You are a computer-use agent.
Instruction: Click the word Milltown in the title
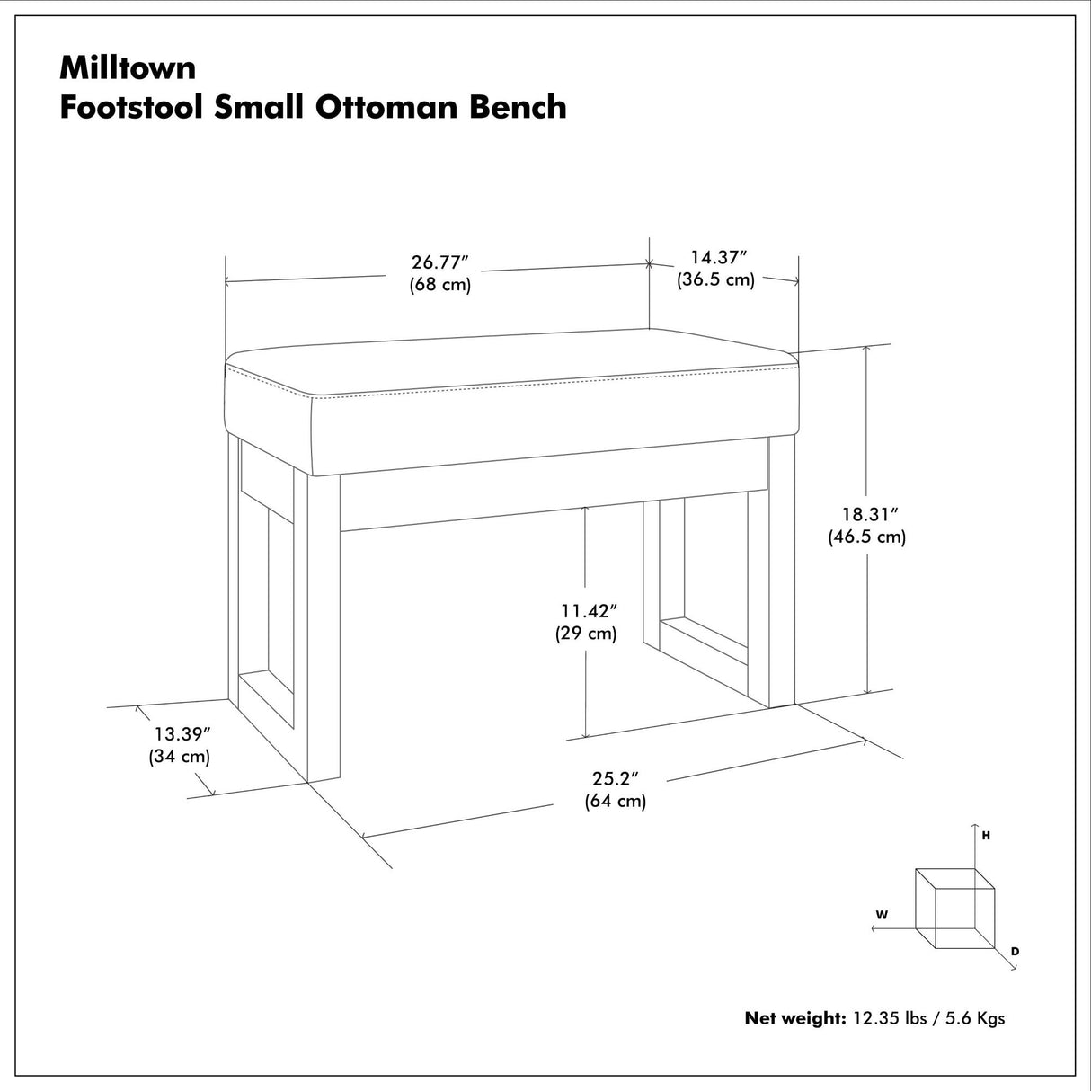[128, 67]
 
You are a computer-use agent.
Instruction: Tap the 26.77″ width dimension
[440, 262]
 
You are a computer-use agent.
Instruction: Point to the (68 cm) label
[440, 285]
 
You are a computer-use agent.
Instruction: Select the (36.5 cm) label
[715, 279]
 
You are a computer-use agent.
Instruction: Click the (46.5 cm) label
[866, 537]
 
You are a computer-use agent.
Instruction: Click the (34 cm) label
[180, 756]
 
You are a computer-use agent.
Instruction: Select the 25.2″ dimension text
[615, 778]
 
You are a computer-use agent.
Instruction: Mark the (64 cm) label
[616, 801]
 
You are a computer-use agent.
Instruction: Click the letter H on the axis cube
[986, 836]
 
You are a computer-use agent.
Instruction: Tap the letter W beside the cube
[882, 915]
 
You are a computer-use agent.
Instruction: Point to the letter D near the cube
[1015, 951]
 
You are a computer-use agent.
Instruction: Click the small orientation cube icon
[954, 908]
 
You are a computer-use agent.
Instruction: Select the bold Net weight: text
[794, 1018]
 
